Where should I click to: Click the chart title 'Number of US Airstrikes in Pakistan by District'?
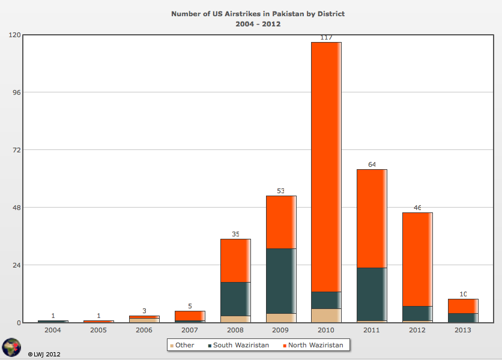(x=258, y=13)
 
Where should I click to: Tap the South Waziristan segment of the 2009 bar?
(x=281, y=281)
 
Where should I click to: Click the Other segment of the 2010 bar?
(x=326, y=316)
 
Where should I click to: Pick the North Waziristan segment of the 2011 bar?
(x=372, y=218)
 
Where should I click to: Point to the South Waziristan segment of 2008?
(x=235, y=299)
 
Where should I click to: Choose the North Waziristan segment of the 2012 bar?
(x=417, y=259)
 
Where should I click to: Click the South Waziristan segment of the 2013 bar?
(x=463, y=317)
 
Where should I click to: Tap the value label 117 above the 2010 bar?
(x=326, y=37)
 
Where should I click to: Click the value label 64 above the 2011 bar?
(x=372, y=164)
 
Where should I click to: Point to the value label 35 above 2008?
(x=235, y=234)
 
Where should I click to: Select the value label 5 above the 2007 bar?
(x=190, y=306)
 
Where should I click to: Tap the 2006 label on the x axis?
(x=144, y=330)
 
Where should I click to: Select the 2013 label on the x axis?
(x=463, y=330)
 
